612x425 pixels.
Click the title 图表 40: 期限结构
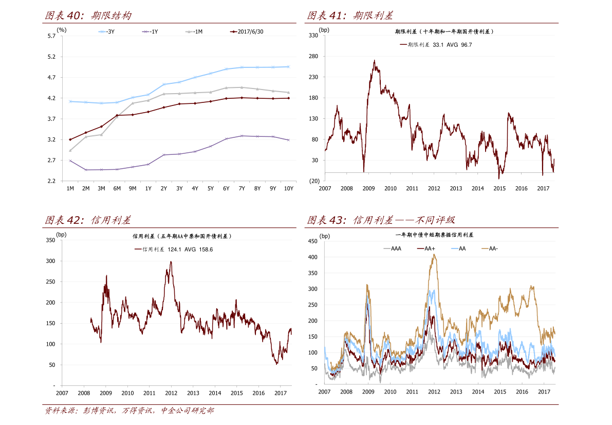pyautogui.click(x=88, y=16)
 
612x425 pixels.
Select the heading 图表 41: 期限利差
pyautogui.click(x=350, y=16)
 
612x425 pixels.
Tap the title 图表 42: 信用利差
pyautogui.click(x=88, y=221)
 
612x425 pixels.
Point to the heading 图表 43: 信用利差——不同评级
pyautogui.click(x=381, y=221)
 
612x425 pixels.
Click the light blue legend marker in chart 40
pyautogui.click(x=102, y=32)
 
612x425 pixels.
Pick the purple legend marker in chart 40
pyautogui.click(x=146, y=32)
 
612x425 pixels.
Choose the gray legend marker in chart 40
pyautogui.click(x=189, y=32)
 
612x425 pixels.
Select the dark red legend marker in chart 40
pyautogui.click(x=234, y=32)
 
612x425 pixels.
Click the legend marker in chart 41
pyautogui.click(x=403, y=45)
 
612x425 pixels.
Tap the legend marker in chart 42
pyautogui.click(x=138, y=249)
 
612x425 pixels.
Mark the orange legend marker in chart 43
pyautogui.click(x=485, y=249)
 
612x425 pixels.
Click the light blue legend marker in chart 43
pyautogui.click(x=455, y=249)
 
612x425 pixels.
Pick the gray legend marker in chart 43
pyautogui.click(x=387, y=249)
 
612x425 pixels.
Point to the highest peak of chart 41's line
pyautogui.click(x=374, y=61)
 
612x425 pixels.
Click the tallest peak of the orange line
pyautogui.click(x=434, y=254)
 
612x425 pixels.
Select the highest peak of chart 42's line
pyautogui.click(x=171, y=262)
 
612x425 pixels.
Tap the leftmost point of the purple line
pyautogui.click(x=70, y=161)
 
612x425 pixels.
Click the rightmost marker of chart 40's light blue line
pyautogui.click(x=289, y=66)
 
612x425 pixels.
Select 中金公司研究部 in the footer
pyautogui.click(x=187, y=411)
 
